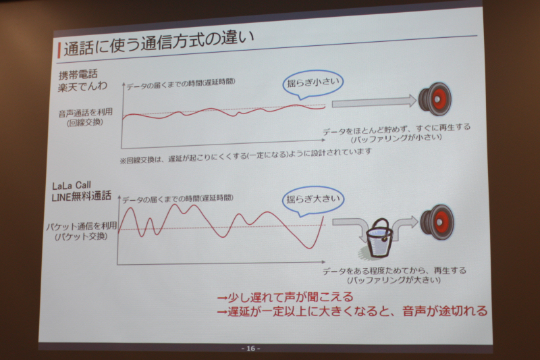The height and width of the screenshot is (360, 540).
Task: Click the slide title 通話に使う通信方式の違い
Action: point(159,43)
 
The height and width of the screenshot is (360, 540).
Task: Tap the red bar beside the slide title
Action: point(59,50)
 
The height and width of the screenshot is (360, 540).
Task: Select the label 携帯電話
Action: point(78,74)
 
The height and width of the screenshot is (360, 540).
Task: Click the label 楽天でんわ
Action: point(82,86)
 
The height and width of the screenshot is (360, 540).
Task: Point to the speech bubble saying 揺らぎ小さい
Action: point(313,84)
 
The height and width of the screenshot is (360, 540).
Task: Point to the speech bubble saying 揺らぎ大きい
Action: point(313,201)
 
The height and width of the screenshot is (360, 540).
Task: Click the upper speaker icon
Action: point(435,99)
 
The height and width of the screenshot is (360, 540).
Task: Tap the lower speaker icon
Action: point(437,222)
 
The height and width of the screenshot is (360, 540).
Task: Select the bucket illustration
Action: point(379,238)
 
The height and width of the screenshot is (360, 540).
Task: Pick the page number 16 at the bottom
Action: point(250,349)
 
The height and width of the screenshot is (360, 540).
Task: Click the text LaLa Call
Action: point(72,186)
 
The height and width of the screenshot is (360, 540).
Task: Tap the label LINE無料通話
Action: point(81,197)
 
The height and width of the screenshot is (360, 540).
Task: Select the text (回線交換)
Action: point(85,122)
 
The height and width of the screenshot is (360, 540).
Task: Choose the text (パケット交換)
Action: point(81,236)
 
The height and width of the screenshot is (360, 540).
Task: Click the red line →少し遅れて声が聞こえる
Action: point(285,297)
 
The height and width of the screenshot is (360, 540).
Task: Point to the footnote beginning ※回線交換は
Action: point(246,155)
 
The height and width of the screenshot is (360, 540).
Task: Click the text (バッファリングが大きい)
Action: point(394,280)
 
